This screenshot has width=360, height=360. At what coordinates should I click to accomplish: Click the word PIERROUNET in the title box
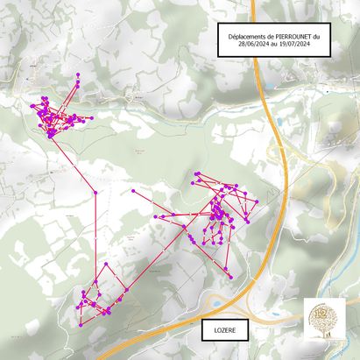(x=292, y=36)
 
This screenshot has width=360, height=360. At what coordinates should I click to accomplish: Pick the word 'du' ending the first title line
(x=317, y=36)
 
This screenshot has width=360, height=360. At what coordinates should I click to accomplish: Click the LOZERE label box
(x=224, y=330)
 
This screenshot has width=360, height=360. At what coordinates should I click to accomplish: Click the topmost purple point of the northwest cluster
(x=78, y=74)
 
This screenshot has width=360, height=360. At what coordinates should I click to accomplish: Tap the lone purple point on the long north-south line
(x=95, y=192)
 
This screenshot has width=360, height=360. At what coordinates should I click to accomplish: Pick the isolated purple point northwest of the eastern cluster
(x=132, y=191)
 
